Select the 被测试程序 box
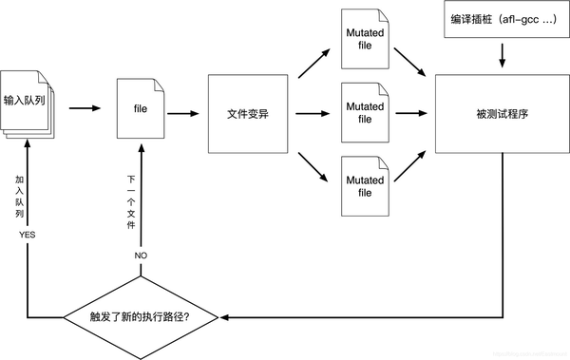(501, 114)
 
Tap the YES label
(27, 234)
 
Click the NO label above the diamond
(140, 256)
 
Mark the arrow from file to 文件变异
(183, 114)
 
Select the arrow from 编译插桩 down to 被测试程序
(501, 57)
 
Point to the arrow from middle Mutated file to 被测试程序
(410, 114)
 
